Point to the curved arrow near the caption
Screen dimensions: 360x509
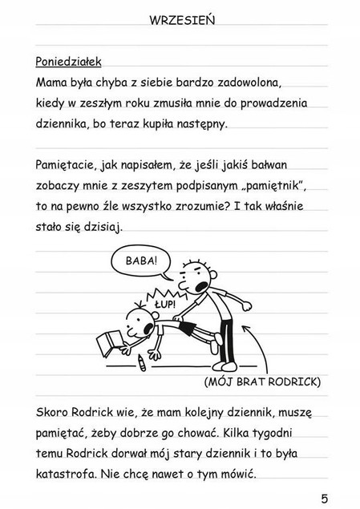(x=256, y=337)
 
